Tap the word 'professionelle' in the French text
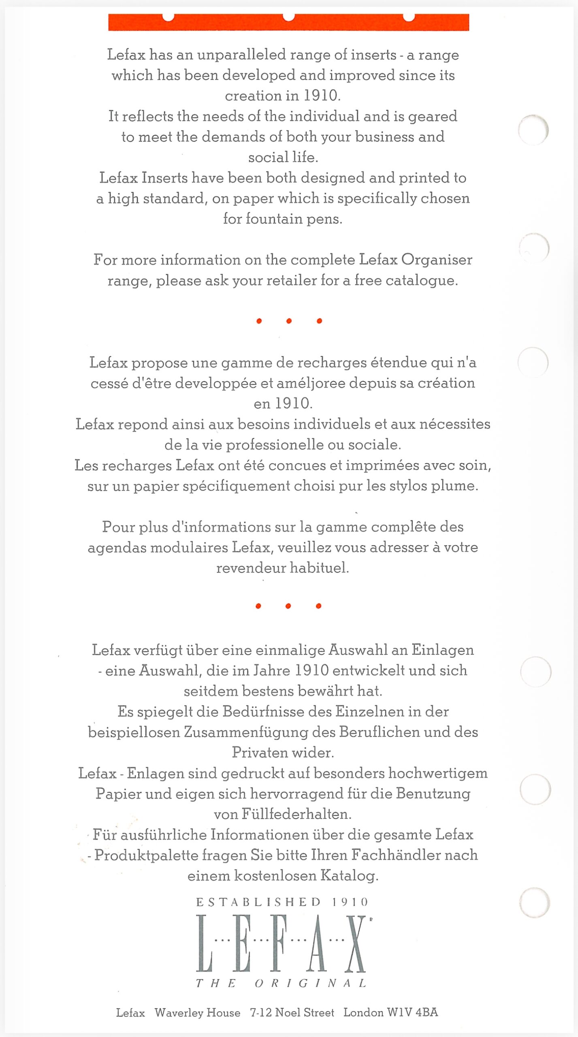point(275,445)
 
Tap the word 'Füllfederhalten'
point(296,814)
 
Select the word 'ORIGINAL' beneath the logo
point(311,984)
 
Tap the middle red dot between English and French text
point(289,321)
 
